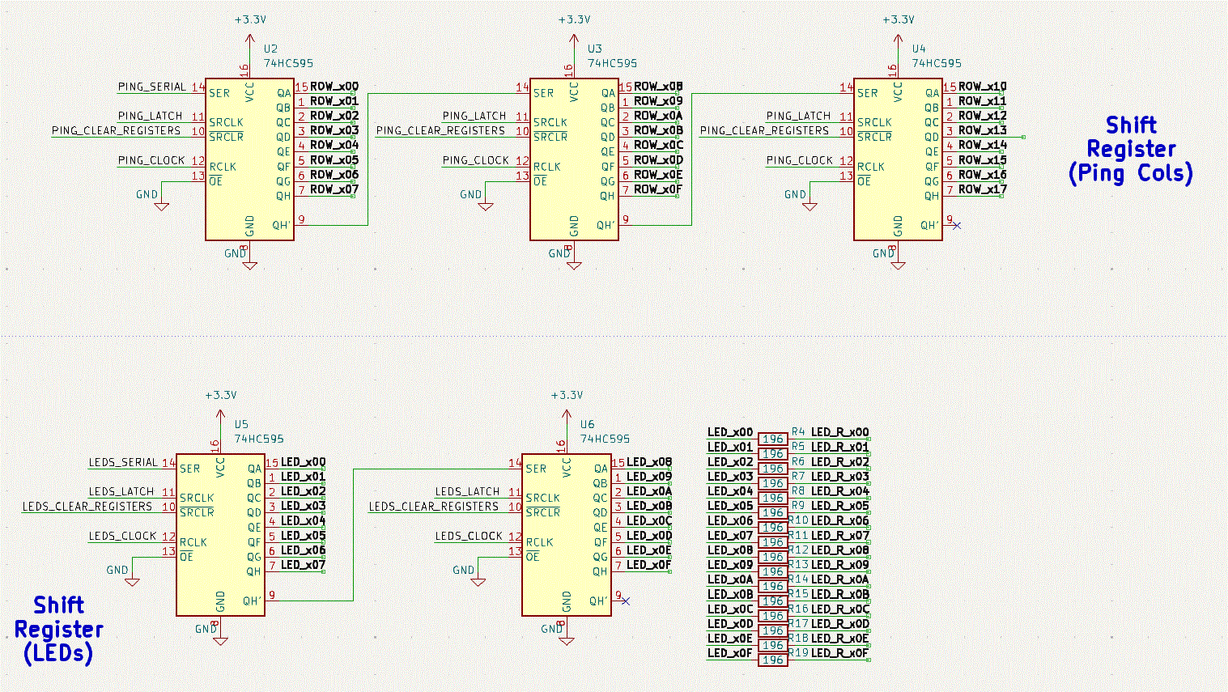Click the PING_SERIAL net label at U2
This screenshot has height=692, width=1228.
[151, 87]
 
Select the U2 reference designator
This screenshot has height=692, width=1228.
[270, 49]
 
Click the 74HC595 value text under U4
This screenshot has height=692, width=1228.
[937, 63]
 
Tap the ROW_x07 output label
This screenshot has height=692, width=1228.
[334, 189]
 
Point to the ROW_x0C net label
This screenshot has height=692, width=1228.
[658, 146]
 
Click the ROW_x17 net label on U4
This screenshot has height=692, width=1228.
[982, 189]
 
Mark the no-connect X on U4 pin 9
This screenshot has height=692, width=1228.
[957, 225]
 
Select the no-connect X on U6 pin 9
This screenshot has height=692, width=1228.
[625, 601]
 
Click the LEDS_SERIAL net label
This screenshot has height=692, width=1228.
[122, 462]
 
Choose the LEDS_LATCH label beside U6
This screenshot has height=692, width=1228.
[467, 491]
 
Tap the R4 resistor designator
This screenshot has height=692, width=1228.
[798, 432]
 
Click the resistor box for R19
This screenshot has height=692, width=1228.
[773, 660]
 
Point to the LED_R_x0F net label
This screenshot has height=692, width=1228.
[839, 653]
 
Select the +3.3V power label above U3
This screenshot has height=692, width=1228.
[574, 19]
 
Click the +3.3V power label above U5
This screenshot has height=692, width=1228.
[220, 395]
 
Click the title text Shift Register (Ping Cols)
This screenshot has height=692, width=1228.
[1131, 150]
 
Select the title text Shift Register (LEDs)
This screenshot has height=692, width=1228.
[58, 629]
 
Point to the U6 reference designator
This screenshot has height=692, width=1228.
[587, 424]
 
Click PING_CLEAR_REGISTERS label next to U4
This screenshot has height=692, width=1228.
[764, 130]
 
